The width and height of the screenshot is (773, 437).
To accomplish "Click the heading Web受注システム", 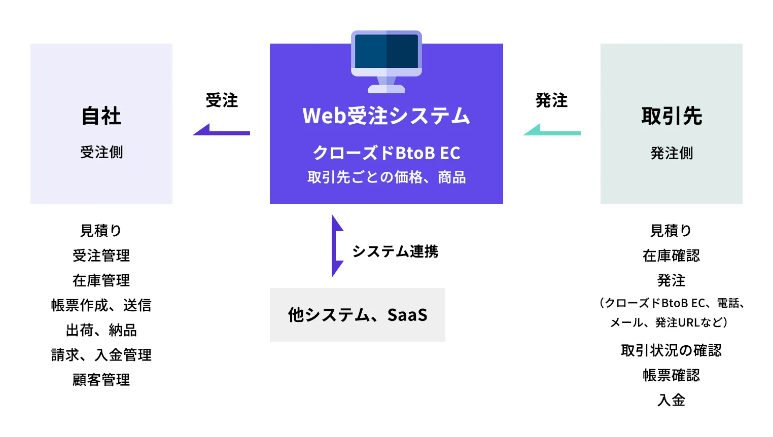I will [386, 116].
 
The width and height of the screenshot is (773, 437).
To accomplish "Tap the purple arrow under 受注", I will [221, 130].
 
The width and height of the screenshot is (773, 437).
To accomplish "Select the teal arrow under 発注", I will [552, 130].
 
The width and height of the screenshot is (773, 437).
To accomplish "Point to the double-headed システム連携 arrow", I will [336, 246].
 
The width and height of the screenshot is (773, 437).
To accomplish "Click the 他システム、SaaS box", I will [357, 315].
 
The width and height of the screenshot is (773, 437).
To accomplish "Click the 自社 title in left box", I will [101, 116].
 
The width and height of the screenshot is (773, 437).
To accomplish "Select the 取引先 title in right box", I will [672, 116].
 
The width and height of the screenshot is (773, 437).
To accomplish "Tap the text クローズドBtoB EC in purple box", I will [386, 153].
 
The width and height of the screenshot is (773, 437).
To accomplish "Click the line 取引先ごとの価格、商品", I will [386, 177].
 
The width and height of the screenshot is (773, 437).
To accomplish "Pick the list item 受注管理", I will [101, 256].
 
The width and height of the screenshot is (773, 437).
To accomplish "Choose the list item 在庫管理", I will [101, 280].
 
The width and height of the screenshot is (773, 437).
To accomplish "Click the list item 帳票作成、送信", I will [101, 305].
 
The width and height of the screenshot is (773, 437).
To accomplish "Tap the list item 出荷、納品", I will [101, 330].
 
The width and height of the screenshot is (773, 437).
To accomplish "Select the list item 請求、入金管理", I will [101, 355].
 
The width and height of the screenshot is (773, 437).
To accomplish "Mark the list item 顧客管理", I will [101, 380].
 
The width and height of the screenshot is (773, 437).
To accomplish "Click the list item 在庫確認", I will [671, 256].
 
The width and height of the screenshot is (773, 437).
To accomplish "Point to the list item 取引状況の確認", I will [671, 350].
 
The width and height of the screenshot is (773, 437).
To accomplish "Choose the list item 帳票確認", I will [671, 375].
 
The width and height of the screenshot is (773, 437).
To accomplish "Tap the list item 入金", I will [671, 400].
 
